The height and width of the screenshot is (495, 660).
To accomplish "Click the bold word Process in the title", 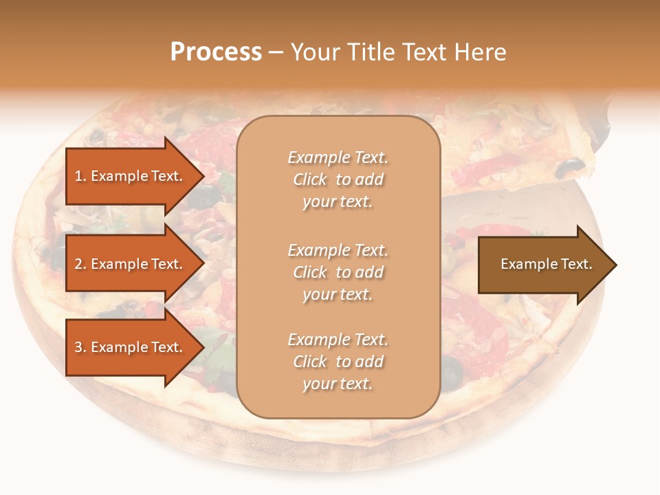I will point(216,52).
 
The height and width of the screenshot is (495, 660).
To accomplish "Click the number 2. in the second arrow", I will point(80,264).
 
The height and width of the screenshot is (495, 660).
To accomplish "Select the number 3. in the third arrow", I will point(80,347).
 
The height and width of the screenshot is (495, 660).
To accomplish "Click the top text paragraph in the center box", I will point(338,179).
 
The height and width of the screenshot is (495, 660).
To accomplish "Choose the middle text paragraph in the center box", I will point(338,272).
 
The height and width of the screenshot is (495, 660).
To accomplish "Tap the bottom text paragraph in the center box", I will point(338,362).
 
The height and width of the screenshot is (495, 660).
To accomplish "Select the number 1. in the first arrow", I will point(80,176).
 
